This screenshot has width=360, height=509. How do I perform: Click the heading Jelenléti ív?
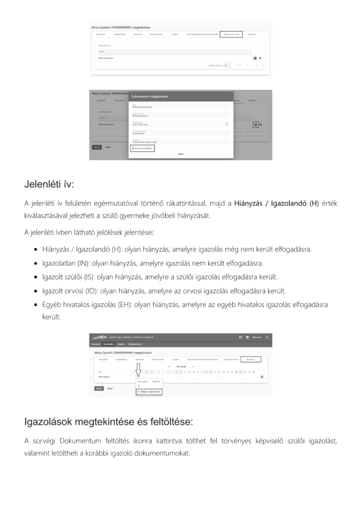49,184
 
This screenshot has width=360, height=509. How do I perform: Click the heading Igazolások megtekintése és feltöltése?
108,422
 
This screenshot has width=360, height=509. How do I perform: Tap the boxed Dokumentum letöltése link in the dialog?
142,148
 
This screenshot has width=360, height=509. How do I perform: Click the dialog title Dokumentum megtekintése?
149,96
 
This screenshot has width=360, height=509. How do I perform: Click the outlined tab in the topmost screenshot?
231,34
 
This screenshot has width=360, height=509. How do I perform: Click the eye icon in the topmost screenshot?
255,58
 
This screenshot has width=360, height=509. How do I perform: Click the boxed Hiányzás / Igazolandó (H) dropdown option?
149,392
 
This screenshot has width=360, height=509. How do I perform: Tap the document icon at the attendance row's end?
262,377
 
